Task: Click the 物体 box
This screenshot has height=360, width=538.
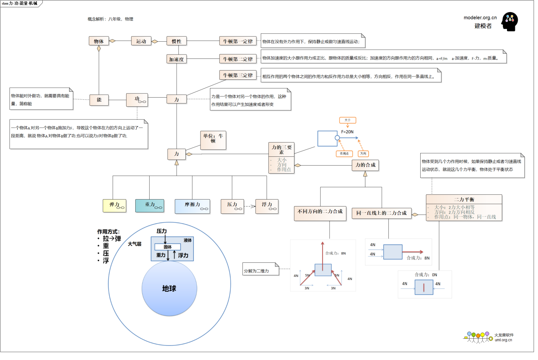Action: point(99,41)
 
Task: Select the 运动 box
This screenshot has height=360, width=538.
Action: point(141,41)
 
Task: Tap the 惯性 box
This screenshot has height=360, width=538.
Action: point(177,41)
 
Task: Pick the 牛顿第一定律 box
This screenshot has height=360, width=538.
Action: point(238,41)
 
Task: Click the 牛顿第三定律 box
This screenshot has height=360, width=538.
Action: point(238,75)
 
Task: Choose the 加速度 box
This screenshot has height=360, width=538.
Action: point(177,59)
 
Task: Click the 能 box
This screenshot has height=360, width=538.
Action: point(99,100)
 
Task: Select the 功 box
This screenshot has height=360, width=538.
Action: point(137,100)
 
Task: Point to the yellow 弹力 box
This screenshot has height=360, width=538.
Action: point(114,206)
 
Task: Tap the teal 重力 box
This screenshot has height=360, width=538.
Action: point(150,206)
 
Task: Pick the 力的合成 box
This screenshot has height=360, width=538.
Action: point(365,165)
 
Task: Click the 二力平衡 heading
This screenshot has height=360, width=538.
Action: point(464,200)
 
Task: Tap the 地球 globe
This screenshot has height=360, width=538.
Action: point(169,288)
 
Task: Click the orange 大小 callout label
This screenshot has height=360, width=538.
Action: point(347,120)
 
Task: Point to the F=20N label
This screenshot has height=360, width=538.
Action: point(347,132)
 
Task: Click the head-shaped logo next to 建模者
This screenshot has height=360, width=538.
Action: point(509,22)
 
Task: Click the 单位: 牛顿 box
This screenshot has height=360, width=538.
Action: point(213,140)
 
